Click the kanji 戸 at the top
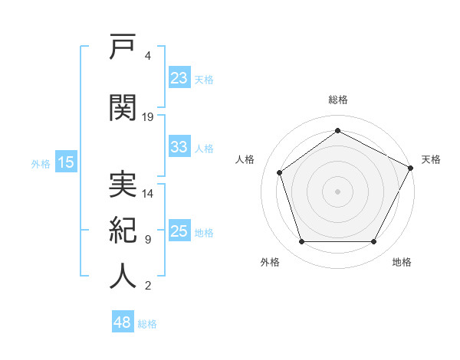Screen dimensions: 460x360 123,46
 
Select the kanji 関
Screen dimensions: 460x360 123,107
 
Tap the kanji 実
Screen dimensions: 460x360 123,184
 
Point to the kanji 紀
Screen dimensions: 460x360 123,230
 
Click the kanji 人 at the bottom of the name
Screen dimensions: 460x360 123,276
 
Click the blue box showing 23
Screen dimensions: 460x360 179,77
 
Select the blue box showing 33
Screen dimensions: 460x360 179,146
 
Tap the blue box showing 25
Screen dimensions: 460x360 179,230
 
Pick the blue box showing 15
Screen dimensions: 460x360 66,162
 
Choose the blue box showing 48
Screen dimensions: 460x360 123,321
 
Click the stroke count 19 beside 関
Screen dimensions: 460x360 147,117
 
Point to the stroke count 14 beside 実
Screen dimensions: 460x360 147,194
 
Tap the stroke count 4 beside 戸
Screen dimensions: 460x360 147,56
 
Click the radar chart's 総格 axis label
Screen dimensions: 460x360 338,100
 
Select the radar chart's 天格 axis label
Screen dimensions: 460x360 431,159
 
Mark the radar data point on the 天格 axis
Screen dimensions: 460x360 410,168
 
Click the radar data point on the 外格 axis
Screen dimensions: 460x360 302,241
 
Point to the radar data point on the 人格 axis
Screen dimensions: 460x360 280,172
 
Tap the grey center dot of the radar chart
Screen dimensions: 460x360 337,191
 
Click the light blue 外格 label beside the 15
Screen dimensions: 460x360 41,164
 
